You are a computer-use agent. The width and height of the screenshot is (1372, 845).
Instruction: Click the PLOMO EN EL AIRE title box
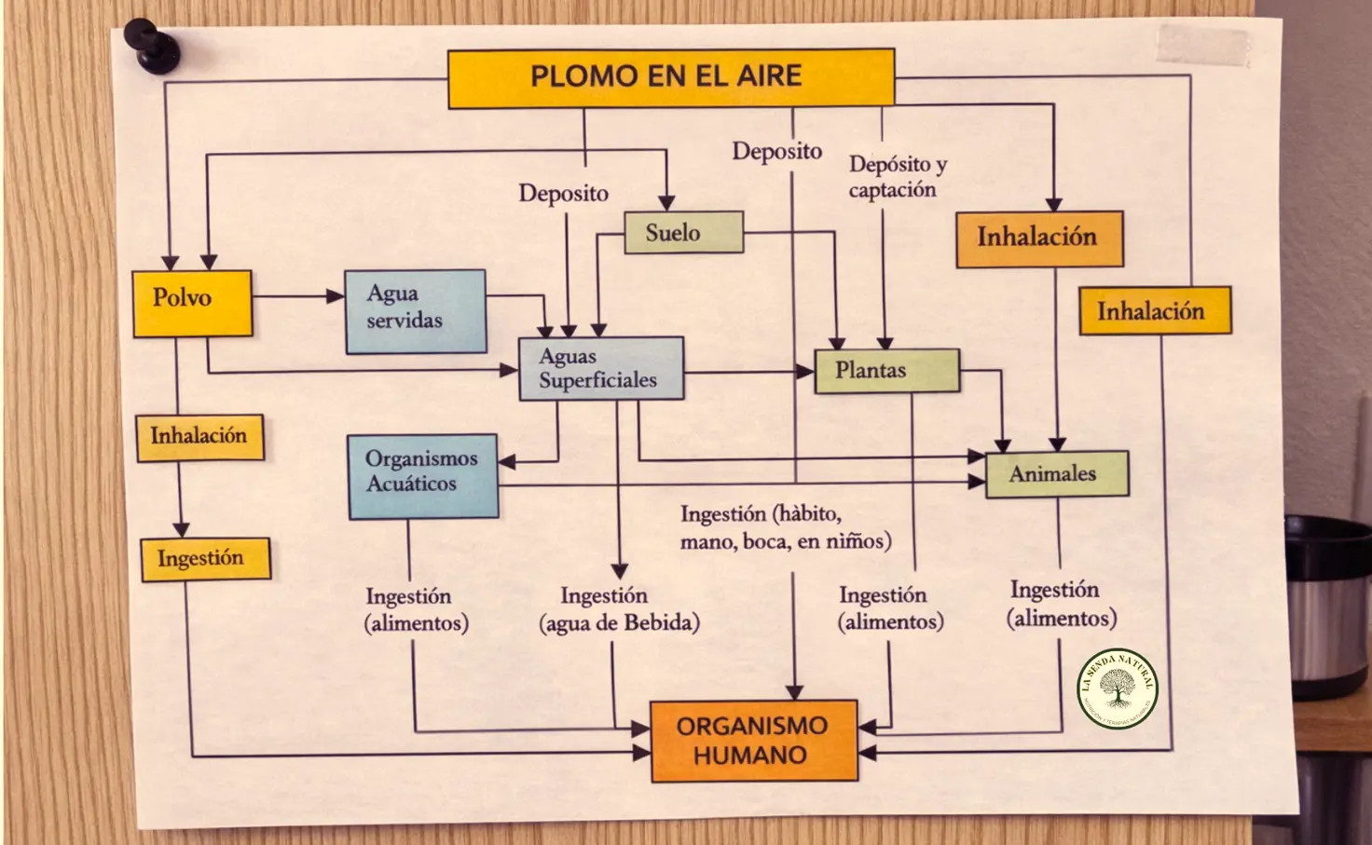[670, 78]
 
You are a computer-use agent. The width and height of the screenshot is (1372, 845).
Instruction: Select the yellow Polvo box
[192, 303]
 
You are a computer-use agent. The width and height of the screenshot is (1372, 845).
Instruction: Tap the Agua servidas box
[415, 311]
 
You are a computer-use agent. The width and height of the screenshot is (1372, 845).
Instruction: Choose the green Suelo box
[681, 232]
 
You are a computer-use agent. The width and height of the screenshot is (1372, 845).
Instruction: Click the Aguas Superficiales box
[600, 369]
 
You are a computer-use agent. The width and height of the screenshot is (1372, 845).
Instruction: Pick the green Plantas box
[885, 371]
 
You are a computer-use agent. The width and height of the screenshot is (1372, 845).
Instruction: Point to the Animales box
[1056, 473]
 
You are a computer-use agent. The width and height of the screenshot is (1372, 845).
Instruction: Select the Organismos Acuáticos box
[422, 476]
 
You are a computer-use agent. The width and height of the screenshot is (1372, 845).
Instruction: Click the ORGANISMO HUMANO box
[753, 741]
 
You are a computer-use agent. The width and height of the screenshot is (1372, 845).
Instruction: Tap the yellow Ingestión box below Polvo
[205, 558]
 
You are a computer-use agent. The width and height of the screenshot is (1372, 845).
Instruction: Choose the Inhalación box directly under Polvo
[199, 437]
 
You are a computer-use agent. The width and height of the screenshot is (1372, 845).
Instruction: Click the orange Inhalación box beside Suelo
[1038, 239]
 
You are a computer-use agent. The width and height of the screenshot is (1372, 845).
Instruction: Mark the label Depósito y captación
[896, 177]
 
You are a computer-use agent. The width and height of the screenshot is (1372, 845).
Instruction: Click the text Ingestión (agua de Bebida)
[618, 609]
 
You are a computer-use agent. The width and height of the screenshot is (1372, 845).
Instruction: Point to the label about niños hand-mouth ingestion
[784, 527]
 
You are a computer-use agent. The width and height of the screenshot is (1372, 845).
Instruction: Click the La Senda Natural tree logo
[1117, 688]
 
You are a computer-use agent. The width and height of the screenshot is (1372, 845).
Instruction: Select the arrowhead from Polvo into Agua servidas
[336, 296]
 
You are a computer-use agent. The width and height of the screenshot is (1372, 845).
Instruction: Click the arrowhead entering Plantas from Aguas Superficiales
[805, 371]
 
